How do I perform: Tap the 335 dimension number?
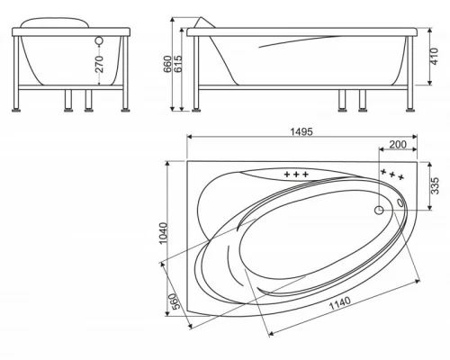[434, 186]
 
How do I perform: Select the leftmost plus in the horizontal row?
[287, 174]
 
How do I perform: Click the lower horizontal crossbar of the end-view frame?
[72, 88]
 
